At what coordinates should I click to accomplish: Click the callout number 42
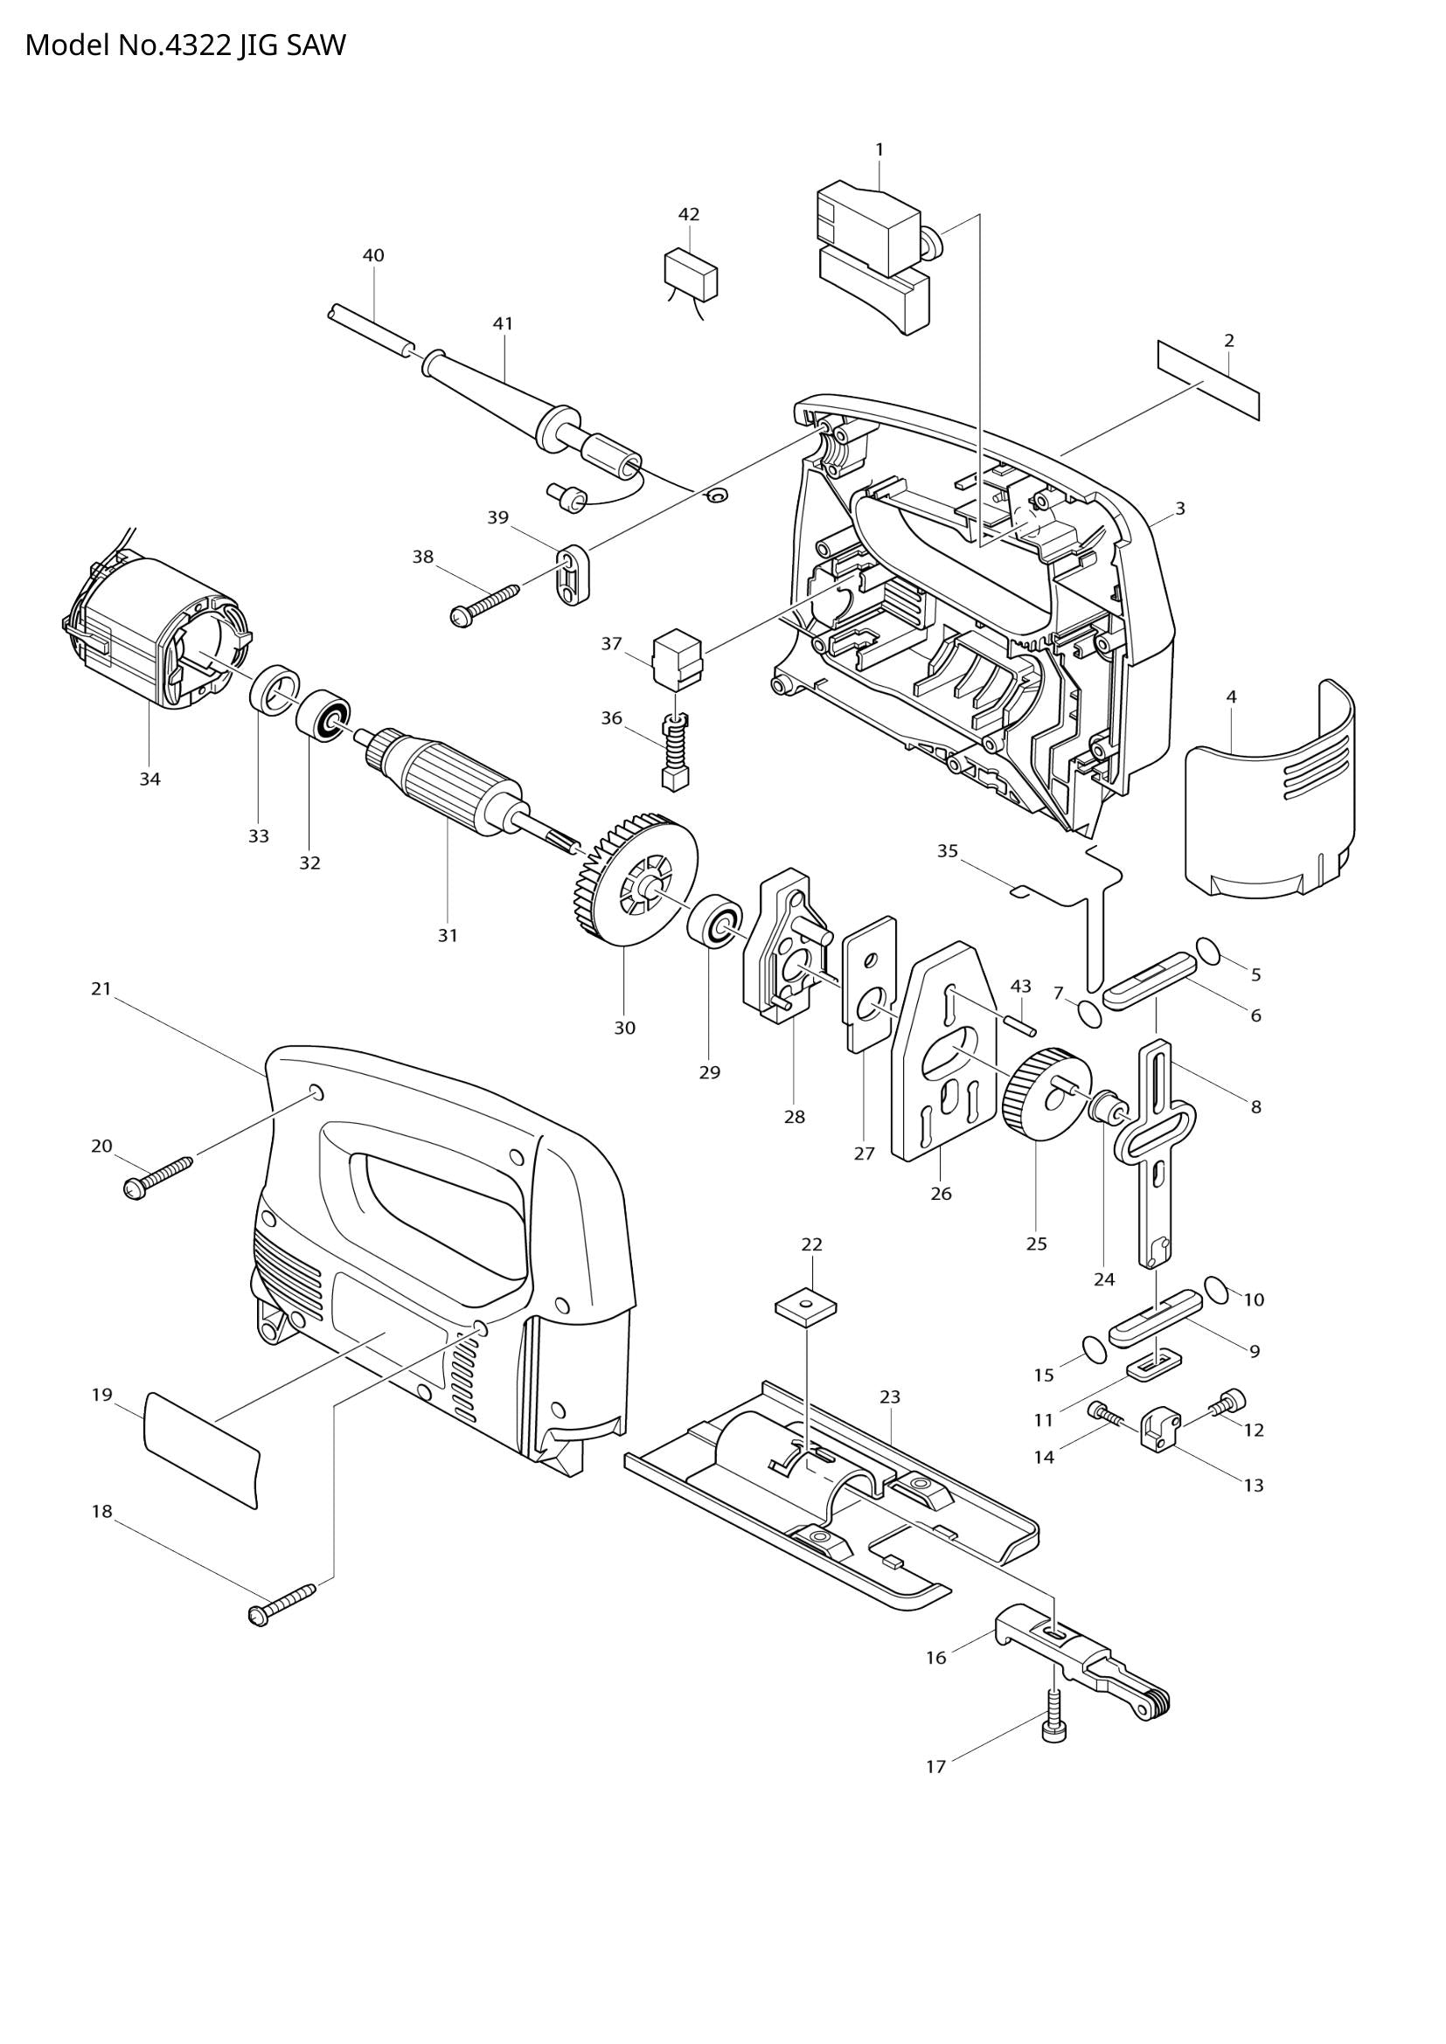[688, 215]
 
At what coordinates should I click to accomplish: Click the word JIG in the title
[257, 45]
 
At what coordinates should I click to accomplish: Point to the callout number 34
[149, 779]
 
